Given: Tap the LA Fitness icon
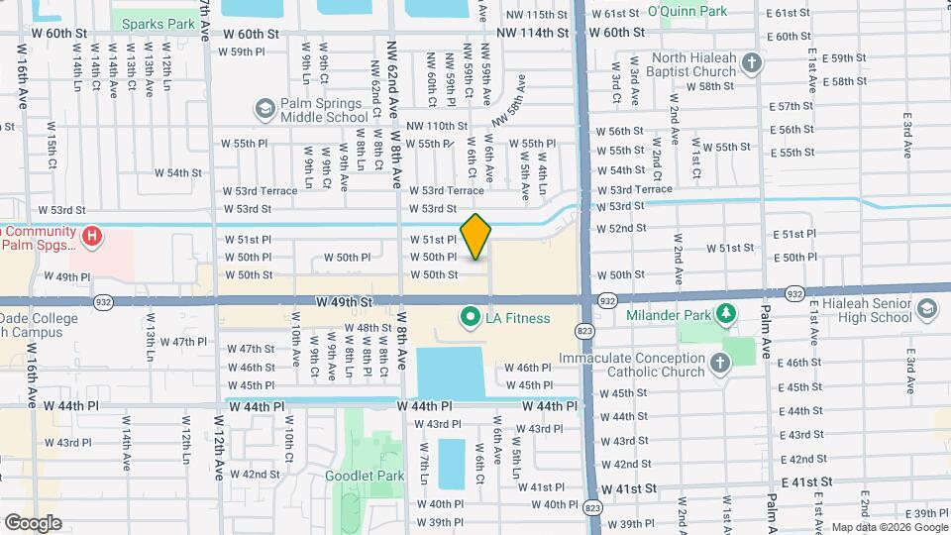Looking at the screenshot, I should coord(469,317).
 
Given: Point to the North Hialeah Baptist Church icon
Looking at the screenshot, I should coord(752,64).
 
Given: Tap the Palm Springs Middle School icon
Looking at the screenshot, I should coord(264,108).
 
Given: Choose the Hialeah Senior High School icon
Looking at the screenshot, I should coord(925,309).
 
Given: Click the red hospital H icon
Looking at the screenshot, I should coord(92,236).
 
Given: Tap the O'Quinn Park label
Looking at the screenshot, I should coord(687,12).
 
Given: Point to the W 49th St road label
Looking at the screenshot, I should coord(344,300).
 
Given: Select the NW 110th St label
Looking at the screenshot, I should coord(436,126).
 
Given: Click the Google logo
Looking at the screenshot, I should coord(34,522).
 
